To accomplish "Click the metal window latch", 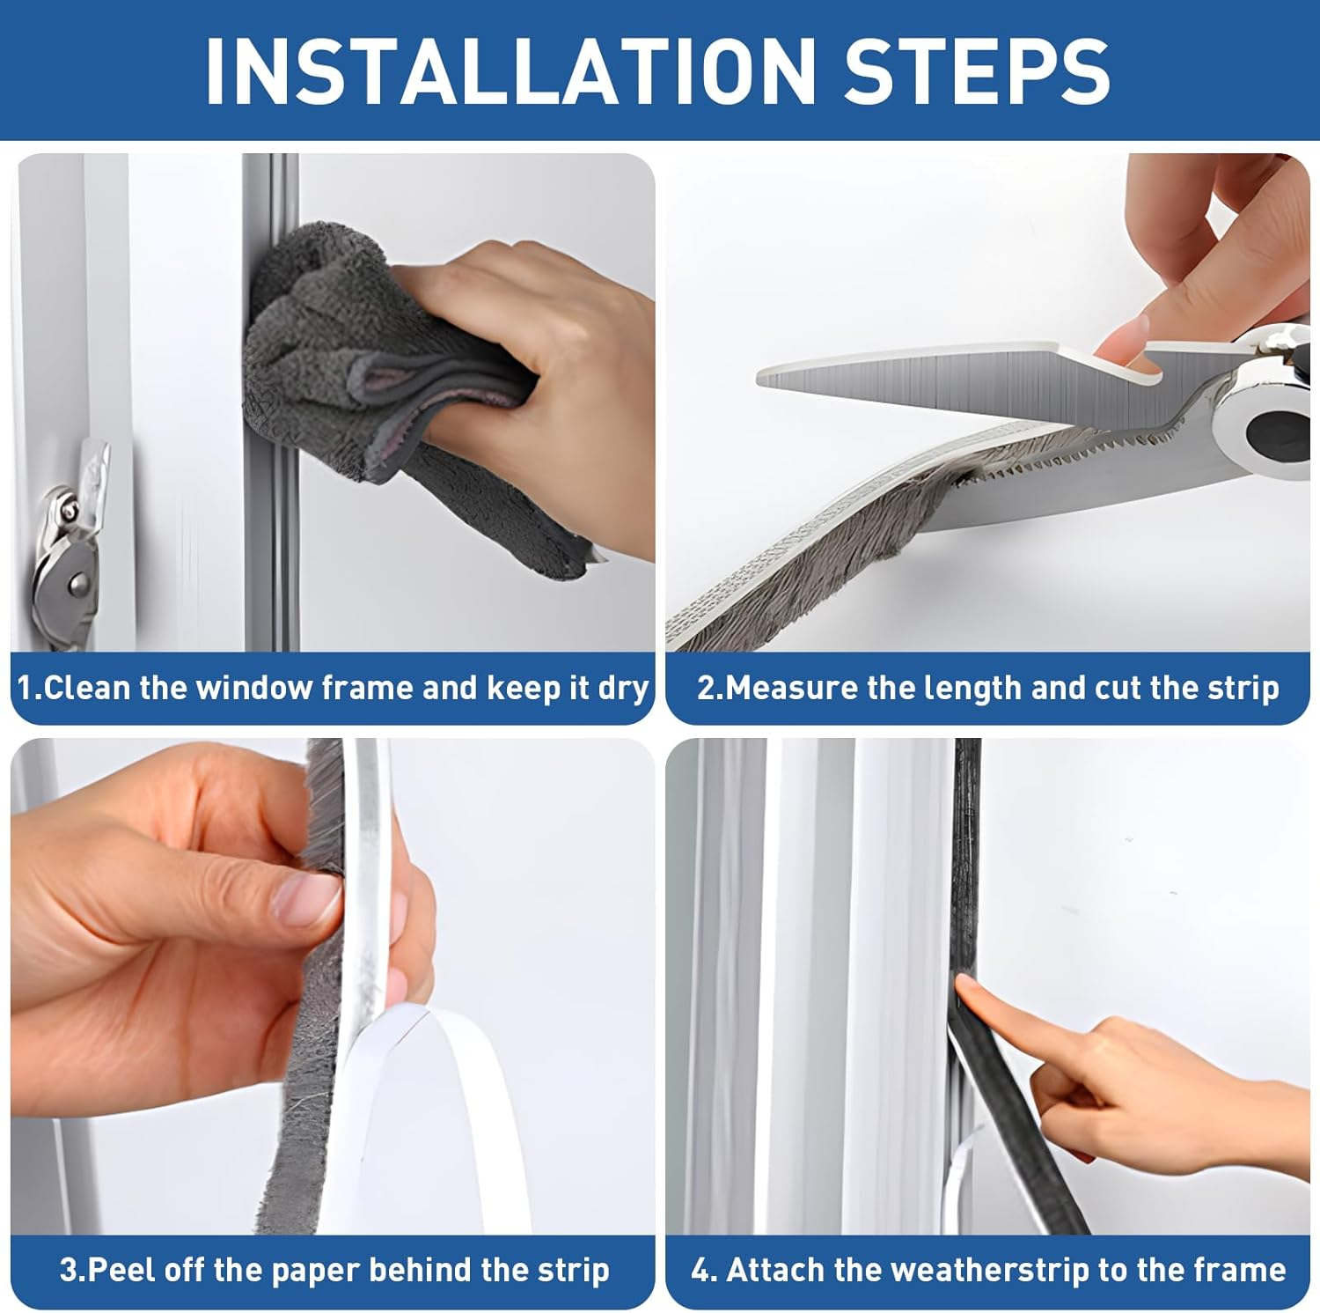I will click(70, 537).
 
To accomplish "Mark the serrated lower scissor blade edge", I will click(1056, 454).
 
